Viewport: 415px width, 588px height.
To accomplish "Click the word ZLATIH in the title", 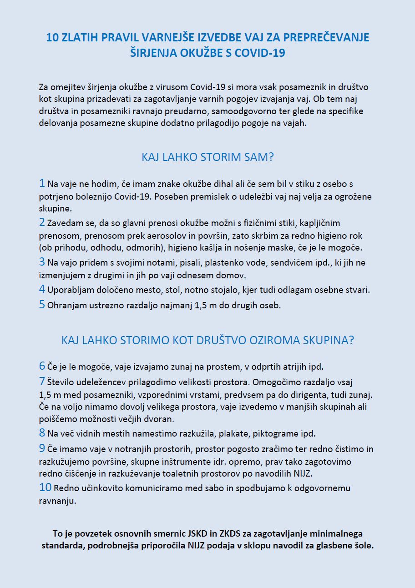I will click(x=78, y=38).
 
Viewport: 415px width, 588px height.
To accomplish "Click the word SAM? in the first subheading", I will click(x=259, y=157).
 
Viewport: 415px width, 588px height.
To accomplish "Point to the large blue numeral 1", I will click(x=42, y=184).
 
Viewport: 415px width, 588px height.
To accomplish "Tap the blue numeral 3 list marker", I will click(x=42, y=262).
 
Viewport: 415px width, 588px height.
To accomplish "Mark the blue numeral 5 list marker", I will click(x=42, y=305).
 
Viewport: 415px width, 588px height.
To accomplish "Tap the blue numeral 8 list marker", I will click(x=42, y=432).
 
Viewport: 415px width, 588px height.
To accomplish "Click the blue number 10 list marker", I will click(x=45, y=487).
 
